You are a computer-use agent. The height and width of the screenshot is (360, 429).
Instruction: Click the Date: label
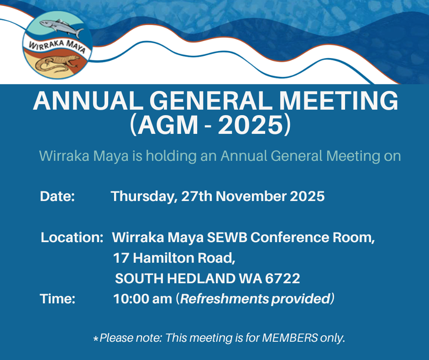pyautogui.click(x=57, y=196)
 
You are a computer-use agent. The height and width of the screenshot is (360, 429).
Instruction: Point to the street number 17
pyautogui.click(x=121, y=258)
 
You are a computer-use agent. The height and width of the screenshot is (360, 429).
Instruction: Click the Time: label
pyautogui.click(x=57, y=299)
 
